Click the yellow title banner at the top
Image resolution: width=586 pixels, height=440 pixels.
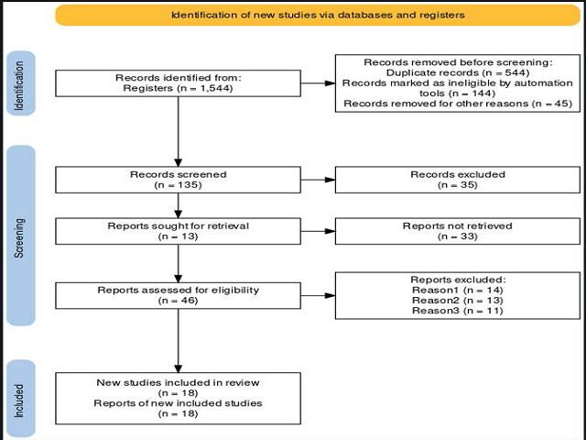point(318,16)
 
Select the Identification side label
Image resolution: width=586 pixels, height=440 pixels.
point(21,83)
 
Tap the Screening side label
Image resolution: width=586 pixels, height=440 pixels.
point(21,236)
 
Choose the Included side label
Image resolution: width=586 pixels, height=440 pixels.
point(21,400)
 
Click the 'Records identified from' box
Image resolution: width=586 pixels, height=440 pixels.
point(178,83)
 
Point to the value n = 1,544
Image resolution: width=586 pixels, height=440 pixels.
point(204,88)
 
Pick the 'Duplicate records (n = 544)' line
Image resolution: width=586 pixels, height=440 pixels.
point(458,72)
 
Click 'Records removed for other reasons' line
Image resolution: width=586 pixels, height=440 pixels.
point(458,104)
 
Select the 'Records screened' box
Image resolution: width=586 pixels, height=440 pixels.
point(178,180)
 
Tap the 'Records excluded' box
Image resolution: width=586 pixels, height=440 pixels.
point(458,180)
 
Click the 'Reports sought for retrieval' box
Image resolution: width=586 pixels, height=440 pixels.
point(178,231)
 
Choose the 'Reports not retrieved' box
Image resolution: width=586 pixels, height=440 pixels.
point(458,231)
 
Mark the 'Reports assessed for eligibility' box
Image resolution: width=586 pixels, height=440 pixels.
point(178,295)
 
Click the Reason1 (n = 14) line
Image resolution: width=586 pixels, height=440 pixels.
point(458,290)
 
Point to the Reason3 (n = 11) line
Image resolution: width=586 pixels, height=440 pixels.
point(458,311)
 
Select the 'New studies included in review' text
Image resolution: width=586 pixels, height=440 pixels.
point(178,383)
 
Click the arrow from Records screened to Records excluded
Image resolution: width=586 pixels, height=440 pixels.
point(318,180)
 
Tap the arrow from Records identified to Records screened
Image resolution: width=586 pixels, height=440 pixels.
point(179,132)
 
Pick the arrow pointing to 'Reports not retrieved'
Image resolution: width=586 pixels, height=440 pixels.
point(318,232)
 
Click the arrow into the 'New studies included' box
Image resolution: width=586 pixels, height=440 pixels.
point(179,341)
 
